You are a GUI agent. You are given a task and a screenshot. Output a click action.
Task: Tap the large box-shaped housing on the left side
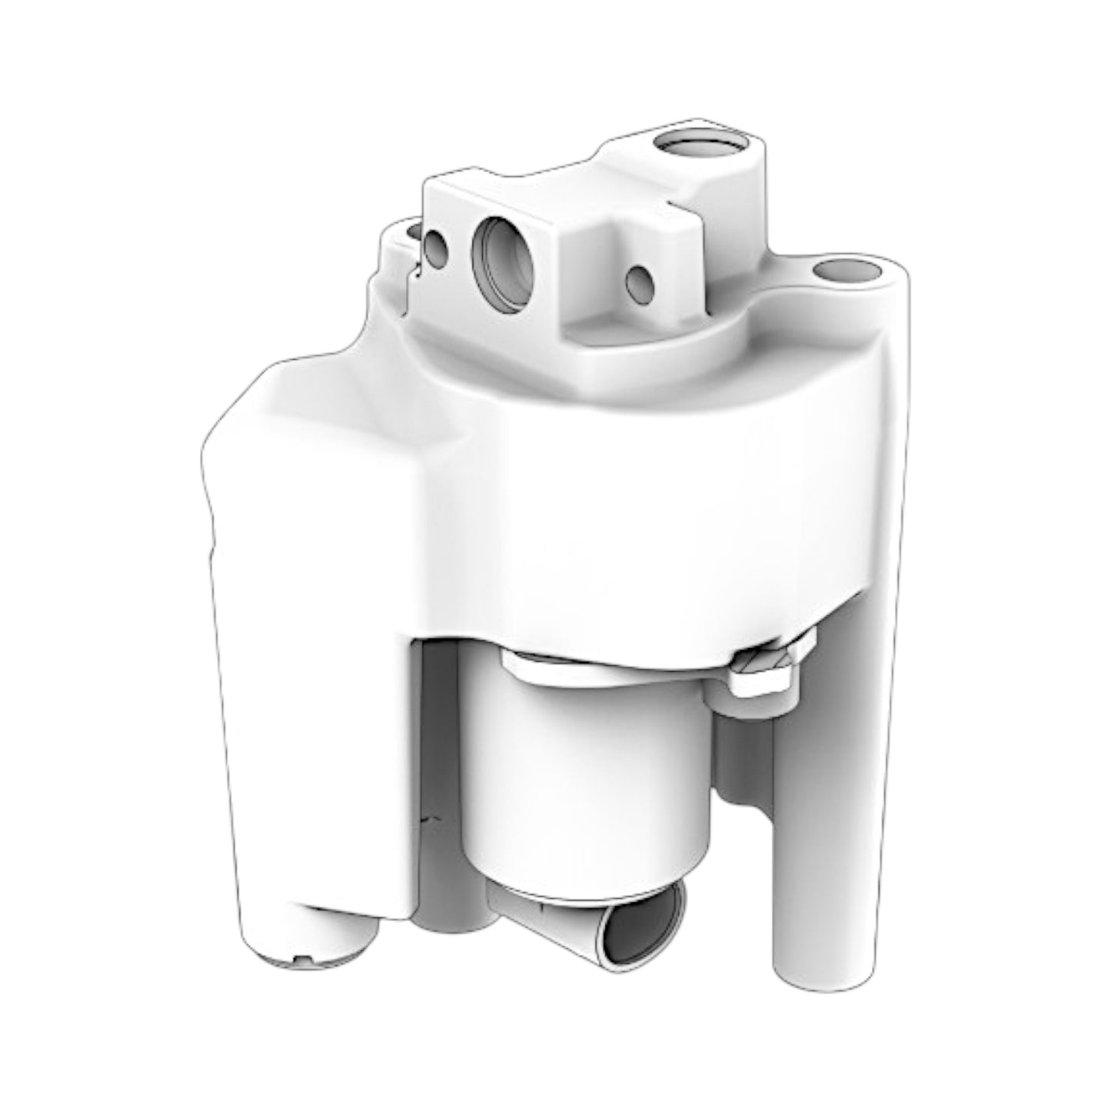[308, 615]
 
